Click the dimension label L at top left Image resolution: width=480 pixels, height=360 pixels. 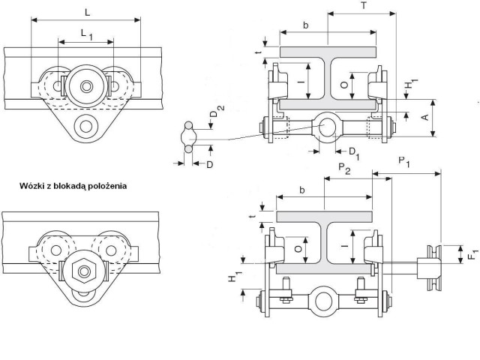click(88, 13)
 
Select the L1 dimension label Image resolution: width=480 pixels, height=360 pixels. click(87, 34)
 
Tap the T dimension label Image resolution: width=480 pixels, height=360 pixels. click(363, 5)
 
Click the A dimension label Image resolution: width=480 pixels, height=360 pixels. click(425, 117)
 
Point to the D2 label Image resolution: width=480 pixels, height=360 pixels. click(217, 111)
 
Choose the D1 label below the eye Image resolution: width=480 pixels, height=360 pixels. click(355, 153)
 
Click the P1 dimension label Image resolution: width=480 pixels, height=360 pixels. click(404, 162)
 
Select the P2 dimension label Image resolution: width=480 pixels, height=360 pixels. click(344, 169)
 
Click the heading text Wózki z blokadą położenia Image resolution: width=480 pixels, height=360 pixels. click(73, 186)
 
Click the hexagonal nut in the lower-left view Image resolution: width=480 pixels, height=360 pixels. click(84, 271)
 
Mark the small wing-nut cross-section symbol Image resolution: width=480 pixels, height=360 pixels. click(188, 136)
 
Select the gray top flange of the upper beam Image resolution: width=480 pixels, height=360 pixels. click(328, 52)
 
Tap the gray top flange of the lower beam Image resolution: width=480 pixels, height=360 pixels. click(325, 217)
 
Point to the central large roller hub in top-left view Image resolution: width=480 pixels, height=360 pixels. click(86, 86)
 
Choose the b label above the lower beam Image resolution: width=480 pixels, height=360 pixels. click(302, 190)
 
